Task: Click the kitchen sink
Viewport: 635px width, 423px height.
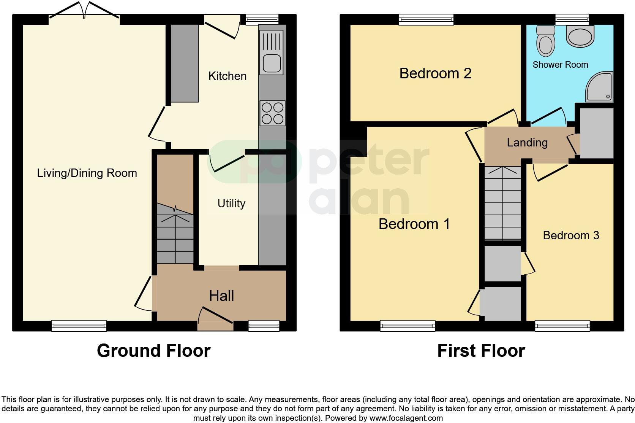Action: (x=272, y=52)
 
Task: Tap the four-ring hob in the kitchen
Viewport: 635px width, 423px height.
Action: (x=273, y=113)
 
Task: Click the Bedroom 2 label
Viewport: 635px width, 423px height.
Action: (x=435, y=73)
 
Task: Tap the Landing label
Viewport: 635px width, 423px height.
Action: (x=527, y=143)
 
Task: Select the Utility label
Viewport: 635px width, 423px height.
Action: (x=231, y=204)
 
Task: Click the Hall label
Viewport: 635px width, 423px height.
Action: (x=221, y=296)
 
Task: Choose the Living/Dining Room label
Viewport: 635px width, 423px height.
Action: (x=87, y=173)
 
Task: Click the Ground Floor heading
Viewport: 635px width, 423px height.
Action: (x=153, y=351)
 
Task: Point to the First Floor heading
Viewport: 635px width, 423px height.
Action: (x=481, y=351)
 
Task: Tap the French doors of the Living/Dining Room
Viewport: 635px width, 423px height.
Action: (x=85, y=11)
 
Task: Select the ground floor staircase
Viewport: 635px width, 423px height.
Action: (x=175, y=236)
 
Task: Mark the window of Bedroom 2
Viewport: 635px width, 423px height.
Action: (x=426, y=19)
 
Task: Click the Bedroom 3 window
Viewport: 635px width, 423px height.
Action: (x=562, y=326)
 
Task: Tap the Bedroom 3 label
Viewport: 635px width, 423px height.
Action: (x=571, y=235)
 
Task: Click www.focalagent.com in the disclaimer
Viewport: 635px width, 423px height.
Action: (x=406, y=418)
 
